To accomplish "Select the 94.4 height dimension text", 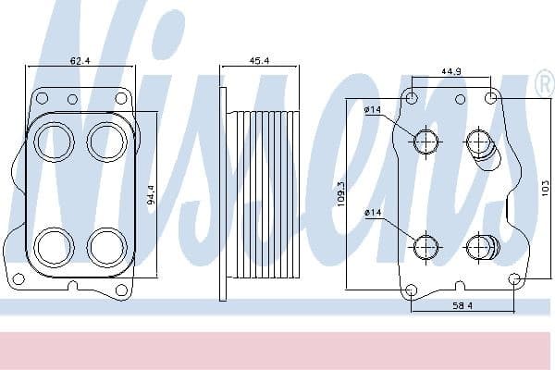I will (151, 195).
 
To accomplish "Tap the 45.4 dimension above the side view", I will (259, 60).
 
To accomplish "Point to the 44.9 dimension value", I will (450, 70).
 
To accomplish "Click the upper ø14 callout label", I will (373, 111).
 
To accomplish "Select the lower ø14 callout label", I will (373, 215).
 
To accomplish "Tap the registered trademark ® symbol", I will (543, 85).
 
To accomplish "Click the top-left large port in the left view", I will (54, 142).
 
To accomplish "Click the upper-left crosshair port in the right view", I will (425, 142).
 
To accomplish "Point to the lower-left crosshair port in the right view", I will (425, 246).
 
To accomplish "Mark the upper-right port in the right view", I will (478, 142).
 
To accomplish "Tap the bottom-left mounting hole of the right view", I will (413, 290).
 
